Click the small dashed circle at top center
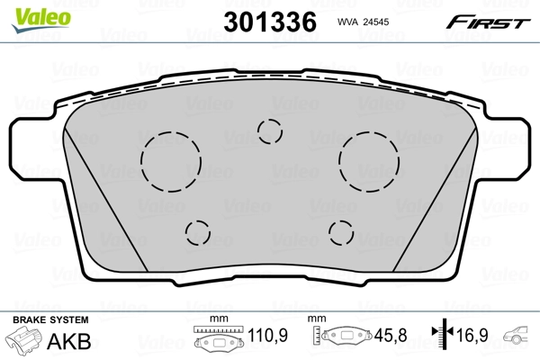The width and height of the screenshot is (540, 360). click(x=269, y=131)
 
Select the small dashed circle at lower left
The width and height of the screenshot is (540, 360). click(x=197, y=233)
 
